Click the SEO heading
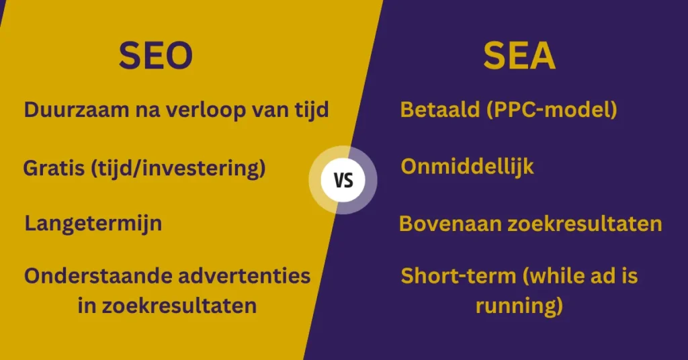(x=156, y=55)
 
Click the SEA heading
(x=519, y=55)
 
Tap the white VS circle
(x=343, y=180)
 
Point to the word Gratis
(x=54, y=168)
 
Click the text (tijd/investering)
(x=178, y=169)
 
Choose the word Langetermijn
(x=93, y=224)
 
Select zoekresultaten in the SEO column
(x=179, y=306)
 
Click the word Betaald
(x=440, y=109)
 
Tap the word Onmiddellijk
(x=468, y=167)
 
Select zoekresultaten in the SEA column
(x=585, y=224)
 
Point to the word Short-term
(x=458, y=276)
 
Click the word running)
(x=519, y=306)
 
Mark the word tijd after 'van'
(x=312, y=109)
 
